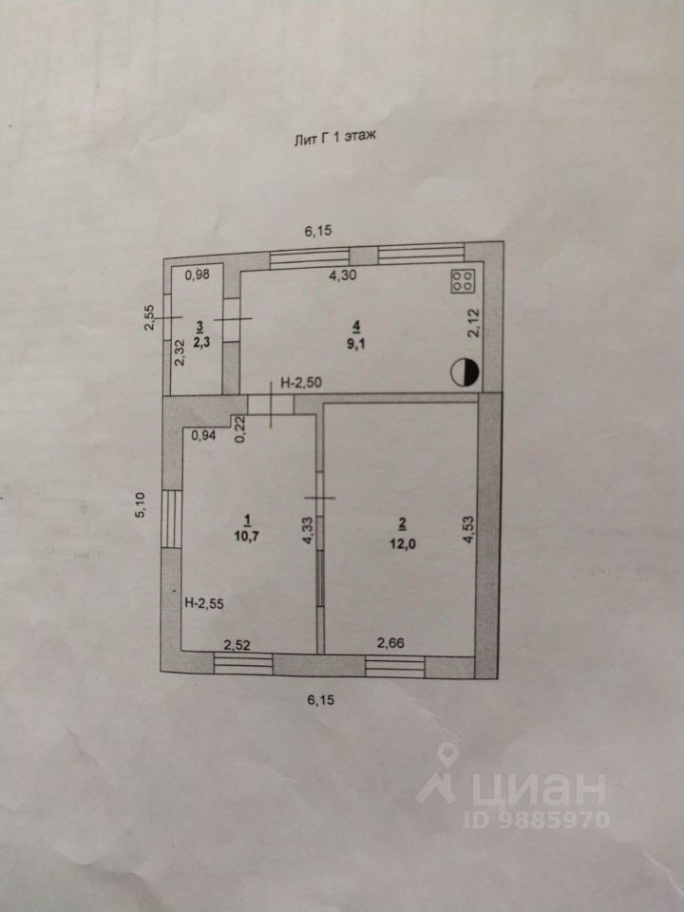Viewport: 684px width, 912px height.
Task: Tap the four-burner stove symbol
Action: [464, 281]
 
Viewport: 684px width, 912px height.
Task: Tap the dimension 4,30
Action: [344, 275]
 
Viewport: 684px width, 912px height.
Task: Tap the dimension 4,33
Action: [306, 527]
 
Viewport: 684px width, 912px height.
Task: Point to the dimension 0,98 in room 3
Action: [198, 275]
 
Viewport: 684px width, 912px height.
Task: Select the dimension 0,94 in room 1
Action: [203, 436]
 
